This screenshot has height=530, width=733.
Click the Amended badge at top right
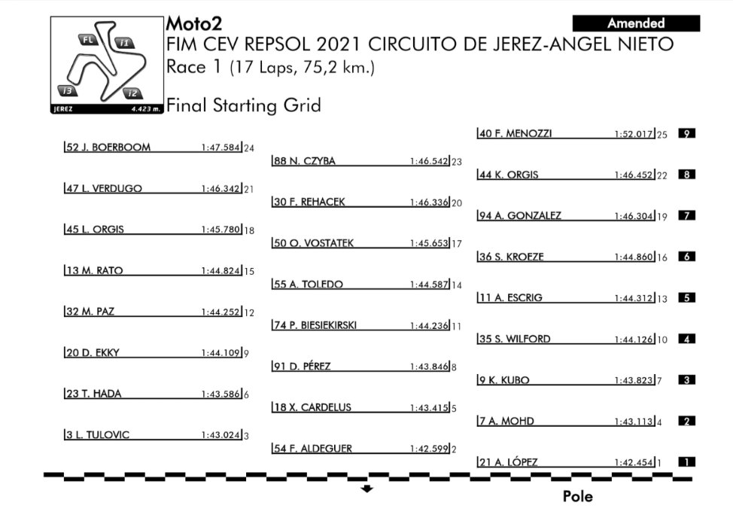coord(636,23)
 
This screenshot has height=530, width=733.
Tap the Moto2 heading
coord(194,23)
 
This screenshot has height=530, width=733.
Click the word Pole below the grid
coord(577,496)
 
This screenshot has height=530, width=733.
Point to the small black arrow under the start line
coord(367,489)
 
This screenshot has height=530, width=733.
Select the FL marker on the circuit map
coord(88,40)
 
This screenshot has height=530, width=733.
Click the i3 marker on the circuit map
coord(67,91)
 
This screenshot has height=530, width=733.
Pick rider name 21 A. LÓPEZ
coord(509,462)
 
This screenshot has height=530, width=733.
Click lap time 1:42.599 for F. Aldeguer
coord(429,449)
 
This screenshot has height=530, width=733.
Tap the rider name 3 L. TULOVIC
coord(98,434)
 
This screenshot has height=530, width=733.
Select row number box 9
coord(687,134)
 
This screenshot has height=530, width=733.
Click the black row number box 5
coord(687,298)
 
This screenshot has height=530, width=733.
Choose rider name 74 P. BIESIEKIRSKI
coord(315,325)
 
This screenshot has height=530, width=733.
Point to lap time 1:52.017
coord(634,134)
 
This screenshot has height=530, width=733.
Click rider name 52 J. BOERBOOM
coord(108,148)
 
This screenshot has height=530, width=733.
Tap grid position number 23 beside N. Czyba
coord(457,162)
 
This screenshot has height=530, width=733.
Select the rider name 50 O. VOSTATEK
coord(314,243)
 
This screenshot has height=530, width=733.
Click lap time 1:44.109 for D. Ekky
coord(221,353)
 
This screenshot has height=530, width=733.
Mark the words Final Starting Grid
coord(244,105)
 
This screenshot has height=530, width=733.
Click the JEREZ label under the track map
coord(63,109)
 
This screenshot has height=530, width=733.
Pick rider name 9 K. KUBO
coord(504,380)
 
